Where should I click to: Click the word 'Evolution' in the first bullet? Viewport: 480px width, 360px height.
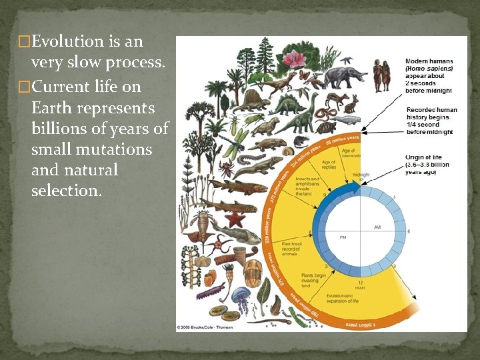tap(67, 42)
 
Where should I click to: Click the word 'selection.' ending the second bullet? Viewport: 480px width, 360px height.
tap(67, 191)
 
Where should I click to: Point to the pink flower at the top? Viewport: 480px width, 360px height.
tap(292, 60)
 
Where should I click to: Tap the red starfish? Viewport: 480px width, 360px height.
tap(235, 219)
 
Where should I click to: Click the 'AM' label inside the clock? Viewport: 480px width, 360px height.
tap(377, 227)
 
